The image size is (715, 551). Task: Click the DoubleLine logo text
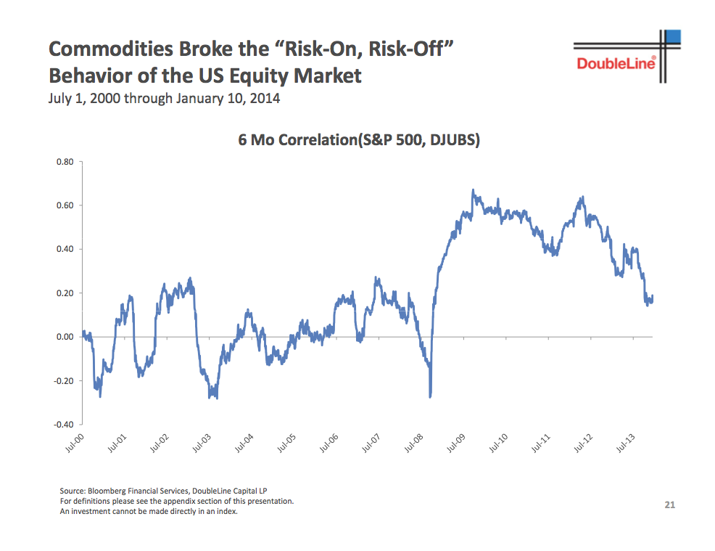616,64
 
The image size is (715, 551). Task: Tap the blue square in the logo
674,38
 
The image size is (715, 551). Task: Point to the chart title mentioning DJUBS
359,139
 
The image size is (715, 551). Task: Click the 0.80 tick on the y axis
65,162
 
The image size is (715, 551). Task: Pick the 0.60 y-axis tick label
65,205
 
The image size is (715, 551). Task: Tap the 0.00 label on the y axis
65,337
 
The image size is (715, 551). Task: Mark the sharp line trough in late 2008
430,396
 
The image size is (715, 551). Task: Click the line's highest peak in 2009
473,190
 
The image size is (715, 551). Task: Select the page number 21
669,505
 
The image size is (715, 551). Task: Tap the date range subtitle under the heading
164,99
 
